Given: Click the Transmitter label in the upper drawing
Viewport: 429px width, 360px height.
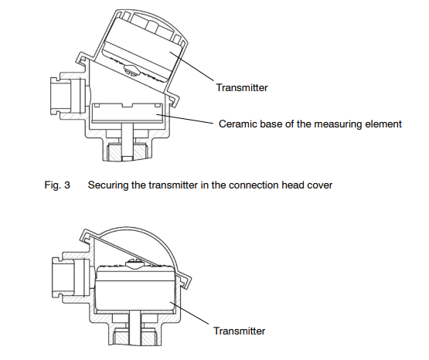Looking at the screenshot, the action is [x=242, y=88].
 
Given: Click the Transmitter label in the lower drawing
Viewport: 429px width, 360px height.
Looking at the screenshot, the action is [x=240, y=331].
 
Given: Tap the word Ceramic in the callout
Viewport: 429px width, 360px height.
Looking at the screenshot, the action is [x=238, y=124].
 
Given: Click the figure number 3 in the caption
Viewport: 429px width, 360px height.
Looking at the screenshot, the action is [x=67, y=185].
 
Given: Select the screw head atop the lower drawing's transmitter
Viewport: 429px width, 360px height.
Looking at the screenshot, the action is [x=134, y=263].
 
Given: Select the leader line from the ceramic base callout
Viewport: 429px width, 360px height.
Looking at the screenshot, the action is [x=185, y=119].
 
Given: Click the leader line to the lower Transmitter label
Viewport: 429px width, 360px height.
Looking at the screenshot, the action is [x=189, y=313].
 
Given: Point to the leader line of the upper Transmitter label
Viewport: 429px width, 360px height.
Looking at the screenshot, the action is [x=192, y=66].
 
